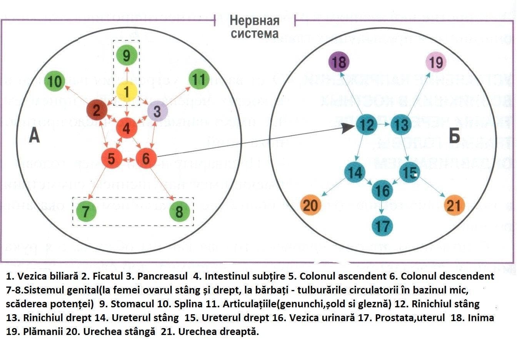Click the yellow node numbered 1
(x=127, y=92)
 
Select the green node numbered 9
(x=127, y=55)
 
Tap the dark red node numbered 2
(x=97, y=110)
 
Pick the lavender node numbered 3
(x=157, y=112)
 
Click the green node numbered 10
(x=55, y=82)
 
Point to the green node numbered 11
(x=199, y=80)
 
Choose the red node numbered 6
(x=146, y=158)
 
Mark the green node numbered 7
(x=86, y=211)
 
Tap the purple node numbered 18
(x=339, y=62)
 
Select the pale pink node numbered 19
(x=436, y=62)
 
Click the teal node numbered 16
(x=382, y=190)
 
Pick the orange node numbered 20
(x=310, y=205)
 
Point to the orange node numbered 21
(x=454, y=205)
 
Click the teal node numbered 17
(x=382, y=225)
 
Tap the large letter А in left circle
(x=34, y=135)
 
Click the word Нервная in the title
(x=254, y=21)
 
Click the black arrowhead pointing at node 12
(x=349, y=128)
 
